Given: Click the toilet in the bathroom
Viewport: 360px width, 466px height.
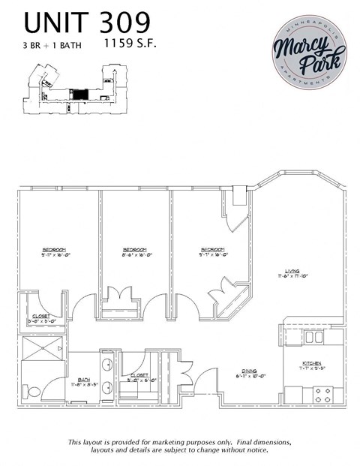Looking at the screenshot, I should (x=33, y=392).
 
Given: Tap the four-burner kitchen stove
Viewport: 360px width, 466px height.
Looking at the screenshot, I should (x=323, y=392).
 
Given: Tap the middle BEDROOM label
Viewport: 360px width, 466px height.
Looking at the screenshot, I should (x=134, y=249).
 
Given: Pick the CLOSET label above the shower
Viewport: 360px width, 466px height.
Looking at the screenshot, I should (x=40, y=316).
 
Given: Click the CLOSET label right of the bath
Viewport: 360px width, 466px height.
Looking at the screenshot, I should (x=140, y=374).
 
